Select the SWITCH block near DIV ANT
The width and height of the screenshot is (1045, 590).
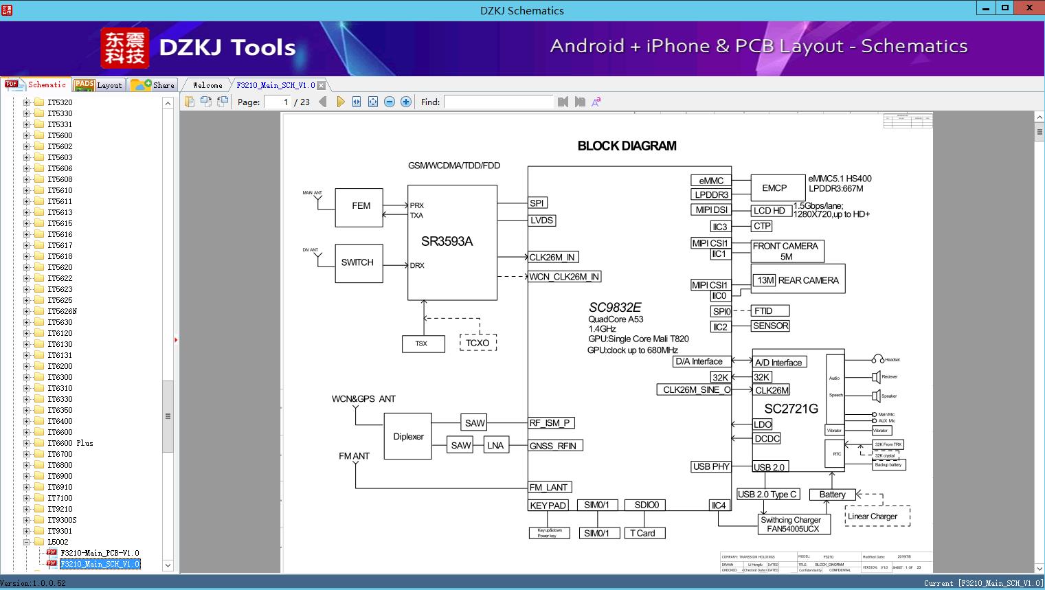tap(357, 262)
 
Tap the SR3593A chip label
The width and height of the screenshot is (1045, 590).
tap(447, 241)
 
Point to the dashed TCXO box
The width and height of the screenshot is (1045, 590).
tap(477, 343)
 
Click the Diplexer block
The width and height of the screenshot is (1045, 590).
tap(408, 436)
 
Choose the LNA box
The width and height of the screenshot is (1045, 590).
tap(495, 445)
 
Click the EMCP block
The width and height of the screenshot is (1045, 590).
tap(774, 188)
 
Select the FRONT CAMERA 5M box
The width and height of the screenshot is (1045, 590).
tap(786, 251)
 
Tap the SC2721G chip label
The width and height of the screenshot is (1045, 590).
tap(791, 409)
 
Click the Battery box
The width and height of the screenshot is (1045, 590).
tap(832, 495)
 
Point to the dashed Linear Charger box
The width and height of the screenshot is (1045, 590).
tap(873, 517)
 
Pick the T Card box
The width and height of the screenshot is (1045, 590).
tap(642, 533)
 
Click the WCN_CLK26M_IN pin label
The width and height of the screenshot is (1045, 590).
tap(564, 277)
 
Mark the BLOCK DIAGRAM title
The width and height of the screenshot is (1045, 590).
tap(627, 146)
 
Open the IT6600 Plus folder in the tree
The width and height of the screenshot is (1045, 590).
tap(70, 443)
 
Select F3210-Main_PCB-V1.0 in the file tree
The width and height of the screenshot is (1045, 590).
tap(100, 553)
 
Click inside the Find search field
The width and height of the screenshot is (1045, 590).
tap(498, 102)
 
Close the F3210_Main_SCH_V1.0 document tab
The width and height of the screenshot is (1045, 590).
tap(321, 85)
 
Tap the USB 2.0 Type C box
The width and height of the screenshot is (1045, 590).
tap(767, 494)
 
